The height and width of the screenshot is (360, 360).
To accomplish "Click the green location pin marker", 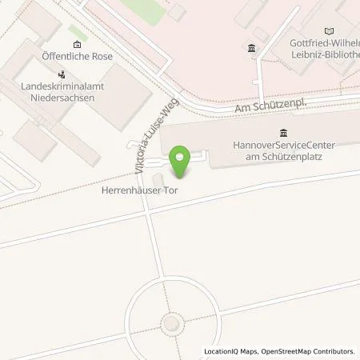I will pyautogui.click(x=181, y=162).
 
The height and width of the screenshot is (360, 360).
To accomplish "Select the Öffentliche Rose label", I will pyautogui.click(x=77, y=57).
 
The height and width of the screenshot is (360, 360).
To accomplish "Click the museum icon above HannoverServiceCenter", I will pyautogui.click(x=283, y=132).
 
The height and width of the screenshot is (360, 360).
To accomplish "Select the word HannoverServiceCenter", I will pyautogui.click(x=283, y=146).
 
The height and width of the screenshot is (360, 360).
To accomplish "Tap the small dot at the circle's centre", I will pyautogui.click(x=170, y=322).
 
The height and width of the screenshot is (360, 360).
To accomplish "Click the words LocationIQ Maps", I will pyautogui.click(x=229, y=351).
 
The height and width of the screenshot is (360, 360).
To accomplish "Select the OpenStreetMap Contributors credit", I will pyautogui.click(x=307, y=351).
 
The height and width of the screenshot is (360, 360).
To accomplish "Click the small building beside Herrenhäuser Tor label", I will pyautogui.click(x=157, y=178).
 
